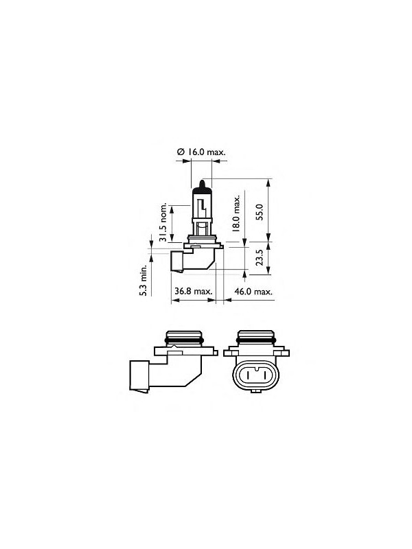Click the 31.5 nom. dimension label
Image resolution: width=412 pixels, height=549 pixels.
pyautogui.click(x=163, y=224)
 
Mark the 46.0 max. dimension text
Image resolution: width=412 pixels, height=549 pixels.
pyautogui.click(x=254, y=292)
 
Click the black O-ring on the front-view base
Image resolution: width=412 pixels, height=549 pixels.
pyautogui.click(x=255, y=339)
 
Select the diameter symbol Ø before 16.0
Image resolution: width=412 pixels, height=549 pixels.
pyautogui.click(x=180, y=152)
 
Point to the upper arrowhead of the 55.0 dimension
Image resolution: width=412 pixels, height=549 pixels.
pyautogui.click(x=266, y=182)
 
